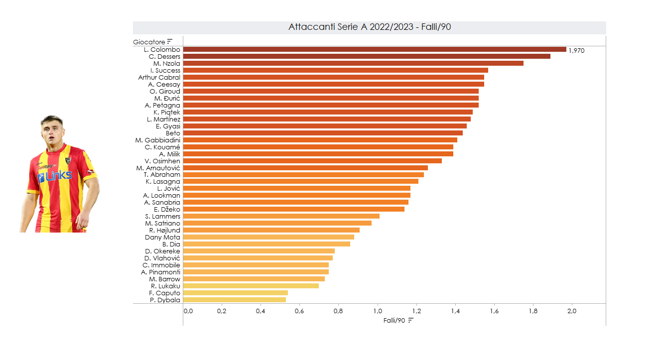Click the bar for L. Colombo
pyautogui.click(x=375, y=49)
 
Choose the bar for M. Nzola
pyautogui.click(x=353, y=63)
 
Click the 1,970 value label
pyautogui.click(x=576, y=50)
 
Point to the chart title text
pyautogui.click(x=370, y=27)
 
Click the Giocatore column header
pyautogui.click(x=149, y=42)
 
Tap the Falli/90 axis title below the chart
pyautogui.click(x=394, y=320)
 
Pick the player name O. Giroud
pyautogui.click(x=165, y=92)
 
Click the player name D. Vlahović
pyautogui.click(x=162, y=258)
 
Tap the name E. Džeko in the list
pyautogui.click(x=167, y=210)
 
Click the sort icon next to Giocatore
pyautogui.click(x=170, y=42)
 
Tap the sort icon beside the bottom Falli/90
pyautogui.click(x=411, y=320)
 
